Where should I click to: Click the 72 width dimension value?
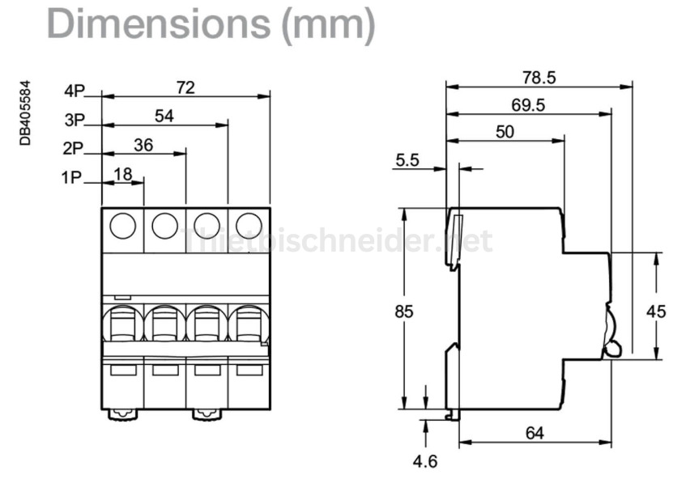tap(185, 88)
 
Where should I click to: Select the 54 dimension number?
tap(164, 117)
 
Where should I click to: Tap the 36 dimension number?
tap(143, 146)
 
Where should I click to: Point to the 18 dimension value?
tap(123, 174)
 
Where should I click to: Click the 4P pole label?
tap(75, 91)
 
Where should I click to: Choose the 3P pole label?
tap(75, 121)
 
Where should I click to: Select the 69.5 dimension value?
tap(528, 105)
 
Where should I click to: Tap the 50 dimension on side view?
tap(505, 133)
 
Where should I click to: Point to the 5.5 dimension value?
tap(407, 161)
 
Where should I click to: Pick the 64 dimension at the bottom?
tap(535, 433)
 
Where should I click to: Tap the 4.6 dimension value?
tap(424, 462)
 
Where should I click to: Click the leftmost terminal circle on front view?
tap(122, 227)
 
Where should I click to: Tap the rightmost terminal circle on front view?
tap(249, 227)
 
